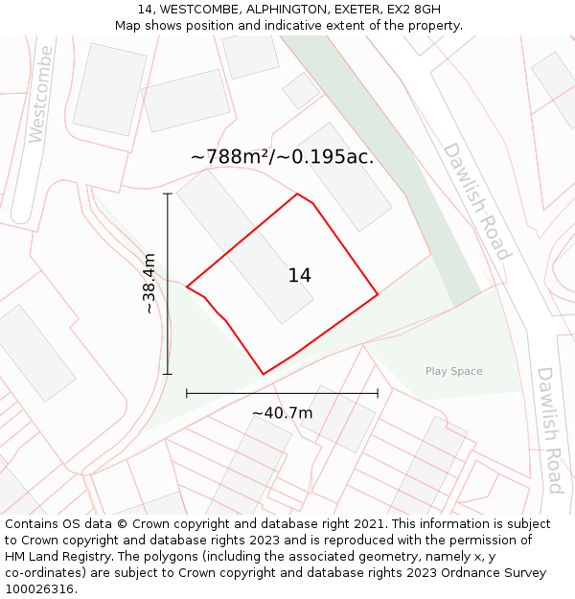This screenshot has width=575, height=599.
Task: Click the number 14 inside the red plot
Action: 299,276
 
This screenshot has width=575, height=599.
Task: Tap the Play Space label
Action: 453,371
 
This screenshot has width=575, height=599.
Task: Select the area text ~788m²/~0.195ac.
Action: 282,157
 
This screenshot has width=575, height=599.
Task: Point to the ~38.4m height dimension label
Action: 149,284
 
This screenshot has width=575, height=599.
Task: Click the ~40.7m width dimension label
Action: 282,413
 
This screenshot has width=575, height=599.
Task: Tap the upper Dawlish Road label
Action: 475,201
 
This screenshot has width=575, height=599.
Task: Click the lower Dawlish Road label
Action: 549,429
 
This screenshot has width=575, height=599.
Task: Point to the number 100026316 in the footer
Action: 38,589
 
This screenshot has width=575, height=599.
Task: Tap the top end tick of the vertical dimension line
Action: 168,194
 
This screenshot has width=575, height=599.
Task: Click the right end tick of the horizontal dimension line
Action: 378,393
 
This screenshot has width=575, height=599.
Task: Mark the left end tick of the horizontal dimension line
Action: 187,393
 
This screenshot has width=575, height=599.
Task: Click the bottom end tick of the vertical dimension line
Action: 168,374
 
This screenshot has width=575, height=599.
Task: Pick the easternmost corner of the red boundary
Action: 378,294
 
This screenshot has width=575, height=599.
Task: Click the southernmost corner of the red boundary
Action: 264,374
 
